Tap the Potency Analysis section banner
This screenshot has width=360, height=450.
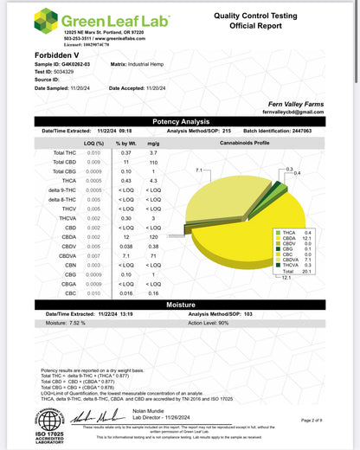[179, 122]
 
